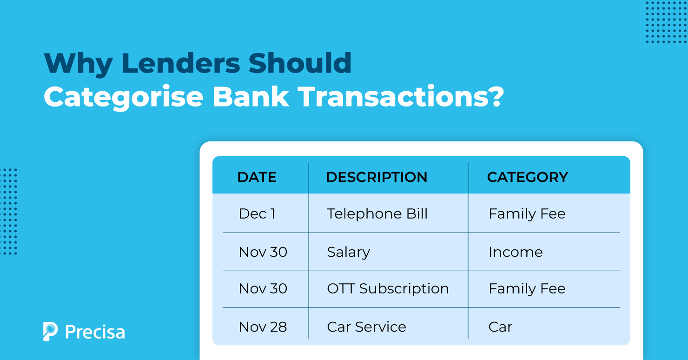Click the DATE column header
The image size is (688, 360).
point(257,177)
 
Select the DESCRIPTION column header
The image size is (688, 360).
point(377,177)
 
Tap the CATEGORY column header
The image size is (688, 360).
point(527,177)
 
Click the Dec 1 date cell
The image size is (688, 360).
point(257,214)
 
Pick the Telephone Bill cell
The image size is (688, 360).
point(377,214)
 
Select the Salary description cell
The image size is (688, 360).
point(348,252)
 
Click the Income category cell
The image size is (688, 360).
point(515,252)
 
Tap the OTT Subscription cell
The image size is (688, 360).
point(388,289)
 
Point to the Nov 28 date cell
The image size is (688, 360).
point(263,327)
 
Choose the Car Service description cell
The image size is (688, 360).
point(366,327)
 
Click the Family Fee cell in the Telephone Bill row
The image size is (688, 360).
point(527,214)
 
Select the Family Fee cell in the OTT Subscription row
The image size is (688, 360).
point(527,289)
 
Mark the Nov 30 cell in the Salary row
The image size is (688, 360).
point(263,252)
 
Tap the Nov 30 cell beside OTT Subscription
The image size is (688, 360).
point(263,289)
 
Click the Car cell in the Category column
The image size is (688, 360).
point(500,327)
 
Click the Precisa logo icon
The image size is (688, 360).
point(50,331)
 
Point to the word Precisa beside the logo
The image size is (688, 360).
point(95,332)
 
